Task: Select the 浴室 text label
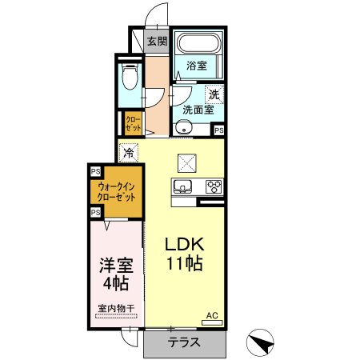198,66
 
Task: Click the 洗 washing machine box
214,94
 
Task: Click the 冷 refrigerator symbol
130,151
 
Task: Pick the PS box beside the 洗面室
218,130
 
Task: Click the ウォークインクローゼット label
116,191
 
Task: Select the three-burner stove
213,187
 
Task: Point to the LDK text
186,244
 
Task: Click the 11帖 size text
186,265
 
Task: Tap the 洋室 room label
115,263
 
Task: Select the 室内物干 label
115,307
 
